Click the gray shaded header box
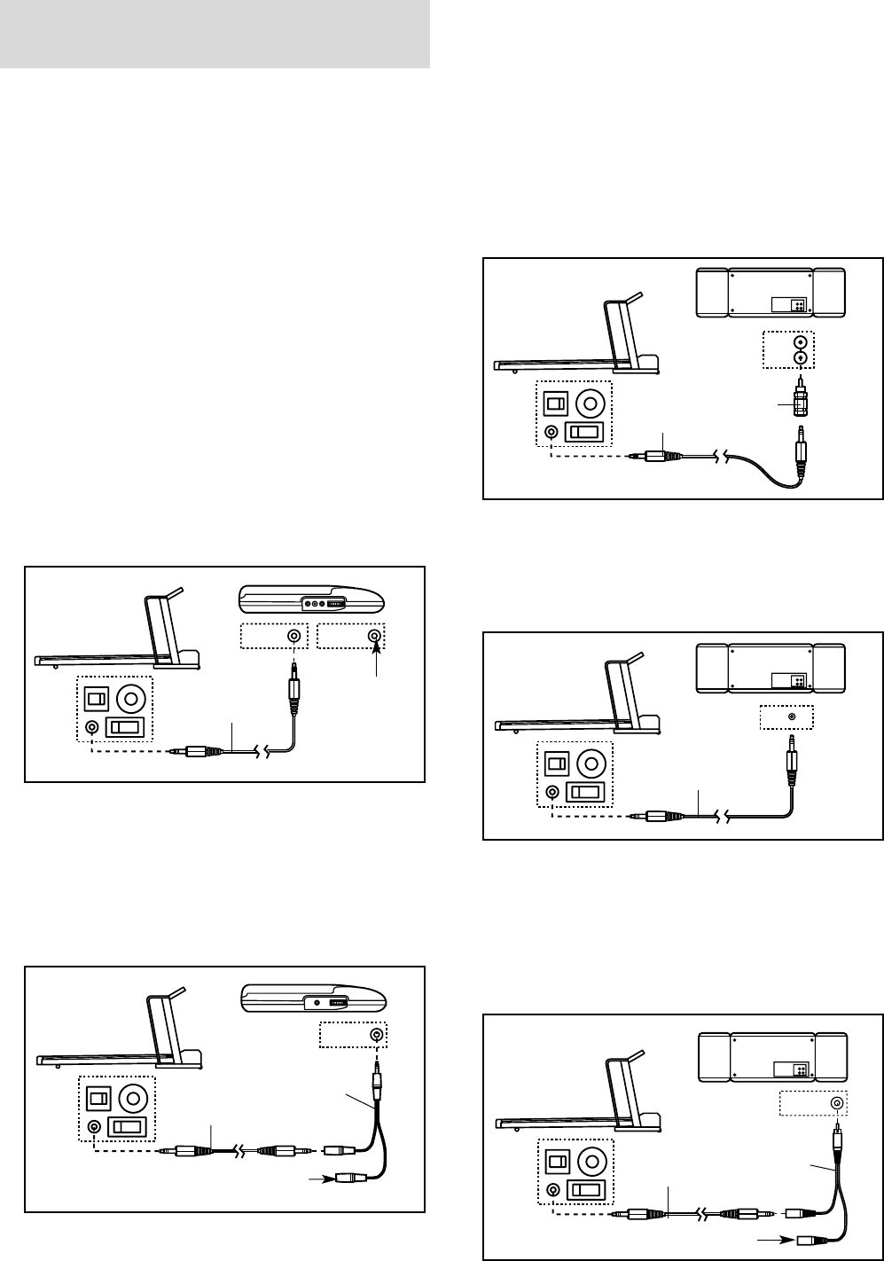[x=215, y=34]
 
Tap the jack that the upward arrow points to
[x=377, y=637]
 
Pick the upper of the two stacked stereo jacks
[x=801, y=341]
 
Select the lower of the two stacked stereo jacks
[x=801, y=358]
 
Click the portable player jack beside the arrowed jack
[x=293, y=637]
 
